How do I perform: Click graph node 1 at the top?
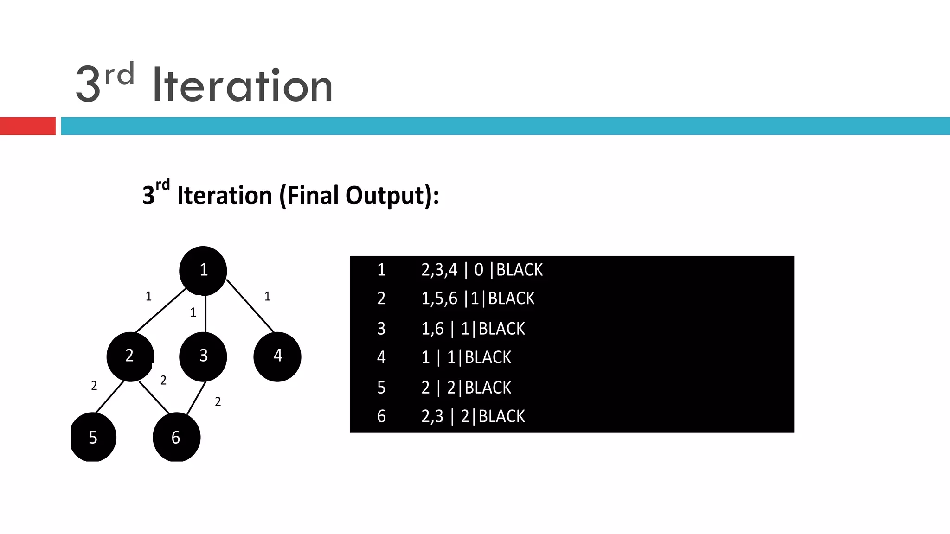click(203, 271)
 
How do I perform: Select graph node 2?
click(130, 356)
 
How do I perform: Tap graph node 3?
click(203, 356)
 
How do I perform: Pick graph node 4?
click(277, 356)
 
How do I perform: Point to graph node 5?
click(93, 437)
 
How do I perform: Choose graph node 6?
click(176, 437)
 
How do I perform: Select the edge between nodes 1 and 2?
click(160, 311)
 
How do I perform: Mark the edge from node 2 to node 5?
click(109, 397)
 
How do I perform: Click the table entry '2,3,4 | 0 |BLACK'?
click(481, 270)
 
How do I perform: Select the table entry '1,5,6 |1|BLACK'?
click(478, 299)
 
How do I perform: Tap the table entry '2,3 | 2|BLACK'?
click(473, 416)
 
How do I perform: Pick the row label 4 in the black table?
click(381, 357)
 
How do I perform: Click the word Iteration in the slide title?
click(242, 85)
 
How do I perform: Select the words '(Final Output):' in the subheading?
click(359, 195)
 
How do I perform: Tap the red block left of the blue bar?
click(28, 126)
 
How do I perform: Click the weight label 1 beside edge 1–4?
click(267, 297)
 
